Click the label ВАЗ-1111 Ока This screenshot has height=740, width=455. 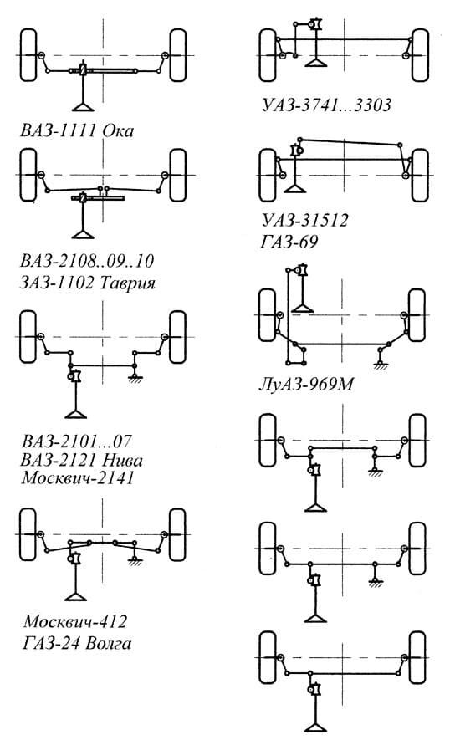tap(77, 130)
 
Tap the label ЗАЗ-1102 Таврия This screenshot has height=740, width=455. tap(88, 283)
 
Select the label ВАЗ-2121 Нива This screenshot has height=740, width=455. tap(82, 460)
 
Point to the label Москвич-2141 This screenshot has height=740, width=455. tap(78, 477)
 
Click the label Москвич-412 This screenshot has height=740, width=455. tap(75, 621)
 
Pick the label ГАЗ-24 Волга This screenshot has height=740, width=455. tap(77, 643)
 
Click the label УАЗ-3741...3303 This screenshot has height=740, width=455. tap(327, 105)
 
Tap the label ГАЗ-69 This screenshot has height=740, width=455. tap(289, 242)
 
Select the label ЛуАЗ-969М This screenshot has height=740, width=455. tap(306, 384)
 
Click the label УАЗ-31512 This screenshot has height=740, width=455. tap(305, 220)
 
